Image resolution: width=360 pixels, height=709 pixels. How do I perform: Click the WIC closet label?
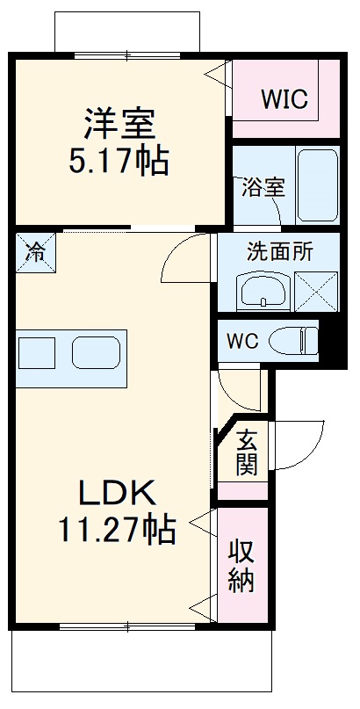click(284, 99)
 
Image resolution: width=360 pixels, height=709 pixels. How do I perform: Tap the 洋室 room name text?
click(119, 124)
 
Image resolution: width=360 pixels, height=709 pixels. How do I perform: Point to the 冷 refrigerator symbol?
click(34, 251)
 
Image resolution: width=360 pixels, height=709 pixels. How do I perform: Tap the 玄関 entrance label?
click(247, 451)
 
